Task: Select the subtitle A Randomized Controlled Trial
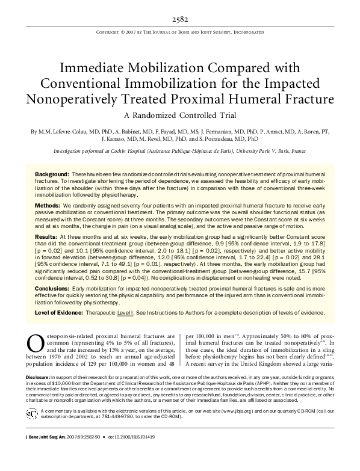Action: [179, 115]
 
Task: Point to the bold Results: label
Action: [49, 238]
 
